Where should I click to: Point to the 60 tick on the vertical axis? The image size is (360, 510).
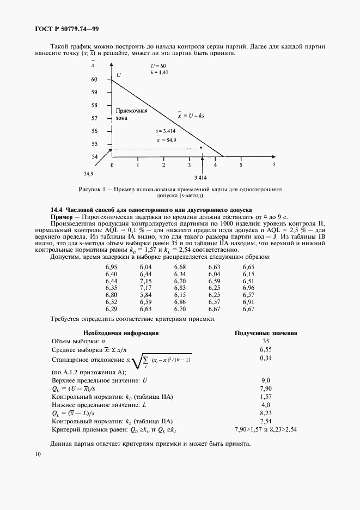[94, 80]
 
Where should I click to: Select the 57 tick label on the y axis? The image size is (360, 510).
[94, 118]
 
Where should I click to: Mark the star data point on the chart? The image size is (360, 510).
[200, 148]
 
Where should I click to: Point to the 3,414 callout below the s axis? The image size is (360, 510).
[202, 177]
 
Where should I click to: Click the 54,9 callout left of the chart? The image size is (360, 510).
[89, 173]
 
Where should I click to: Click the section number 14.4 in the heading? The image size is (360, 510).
[57, 209]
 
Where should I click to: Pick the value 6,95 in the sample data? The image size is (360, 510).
[111, 267]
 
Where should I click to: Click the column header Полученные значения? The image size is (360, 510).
[265, 332]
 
